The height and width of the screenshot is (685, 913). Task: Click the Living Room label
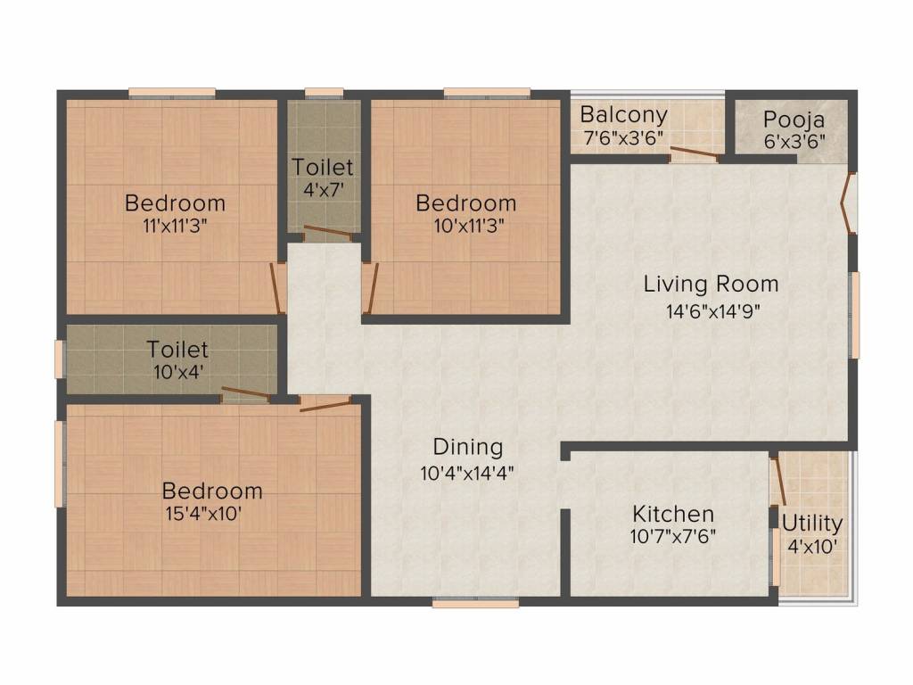click(711, 285)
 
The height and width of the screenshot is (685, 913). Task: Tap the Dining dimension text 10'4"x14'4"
click(467, 473)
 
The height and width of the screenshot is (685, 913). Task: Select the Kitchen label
click(673, 514)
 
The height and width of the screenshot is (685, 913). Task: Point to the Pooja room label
click(794, 120)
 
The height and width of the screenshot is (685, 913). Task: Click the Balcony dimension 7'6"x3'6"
click(623, 138)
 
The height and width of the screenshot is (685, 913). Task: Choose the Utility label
click(812, 524)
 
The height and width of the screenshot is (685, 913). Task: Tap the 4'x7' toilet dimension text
click(323, 189)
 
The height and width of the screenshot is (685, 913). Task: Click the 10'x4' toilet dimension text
click(177, 372)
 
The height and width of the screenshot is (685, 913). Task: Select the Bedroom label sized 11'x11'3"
click(176, 202)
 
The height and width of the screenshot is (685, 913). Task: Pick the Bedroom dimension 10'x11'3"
click(469, 226)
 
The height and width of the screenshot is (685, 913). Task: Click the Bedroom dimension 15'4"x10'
click(203, 514)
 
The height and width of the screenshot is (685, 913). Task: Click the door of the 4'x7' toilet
click(328, 233)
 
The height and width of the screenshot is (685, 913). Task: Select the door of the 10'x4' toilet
click(246, 394)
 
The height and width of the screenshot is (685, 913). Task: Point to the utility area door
click(777, 482)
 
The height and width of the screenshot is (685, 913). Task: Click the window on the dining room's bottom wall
click(475, 604)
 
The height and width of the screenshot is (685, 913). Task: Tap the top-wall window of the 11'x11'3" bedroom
click(172, 92)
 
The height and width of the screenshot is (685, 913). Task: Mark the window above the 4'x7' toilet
click(324, 92)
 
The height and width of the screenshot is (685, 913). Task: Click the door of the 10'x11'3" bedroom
click(370, 288)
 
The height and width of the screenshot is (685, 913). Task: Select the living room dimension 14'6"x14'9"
click(713, 311)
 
